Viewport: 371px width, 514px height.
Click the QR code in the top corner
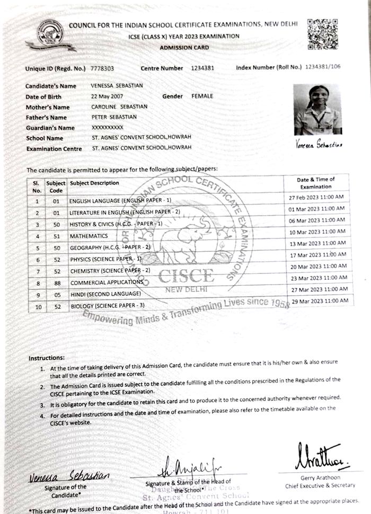pyautogui.click(x=322, y=34)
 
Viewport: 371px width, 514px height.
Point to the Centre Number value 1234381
pyautogui.click(x=202, y=68)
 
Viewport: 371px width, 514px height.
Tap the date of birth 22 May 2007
pyautogui.click(x=107, y=96)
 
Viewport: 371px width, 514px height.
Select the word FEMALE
pyautogui.click(x=202, y=96)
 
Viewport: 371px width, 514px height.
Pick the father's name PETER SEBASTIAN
pyautogui.click(x=114, y=117)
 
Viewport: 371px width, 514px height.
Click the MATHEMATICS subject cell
pyautogui.click(x=89, y=236)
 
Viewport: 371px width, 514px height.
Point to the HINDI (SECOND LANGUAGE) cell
pyautogui.click(x=106, y=294)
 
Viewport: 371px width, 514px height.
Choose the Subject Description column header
pyautogui.click(x=95, y=183)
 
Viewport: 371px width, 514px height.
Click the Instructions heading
pyautogui.click(x=47, y=358)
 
